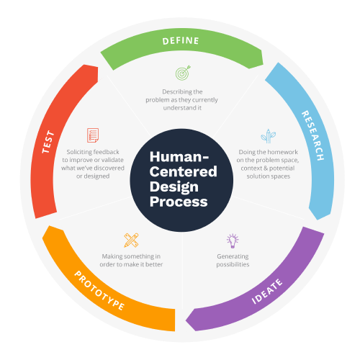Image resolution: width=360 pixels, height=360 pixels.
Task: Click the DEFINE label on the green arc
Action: tap(181, 41)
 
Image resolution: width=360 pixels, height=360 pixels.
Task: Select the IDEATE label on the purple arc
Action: tap(267, 292)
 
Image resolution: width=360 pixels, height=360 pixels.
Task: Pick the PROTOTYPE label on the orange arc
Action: tap(99, 290)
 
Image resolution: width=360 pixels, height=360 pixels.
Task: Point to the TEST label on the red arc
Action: tap(48, 142)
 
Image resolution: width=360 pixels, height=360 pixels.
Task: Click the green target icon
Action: tap(183, 73)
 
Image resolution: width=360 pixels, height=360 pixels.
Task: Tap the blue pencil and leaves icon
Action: tap(269, 136)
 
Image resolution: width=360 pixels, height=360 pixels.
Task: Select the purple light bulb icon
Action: tap(233, 240)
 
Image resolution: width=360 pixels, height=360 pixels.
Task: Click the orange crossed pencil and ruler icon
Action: tap(131, 240)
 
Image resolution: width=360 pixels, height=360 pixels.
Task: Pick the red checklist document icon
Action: tap(93, 135)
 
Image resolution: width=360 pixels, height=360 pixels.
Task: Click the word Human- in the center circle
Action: tap(179, 157)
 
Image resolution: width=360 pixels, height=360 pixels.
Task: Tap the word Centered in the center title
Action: tap(184, 171)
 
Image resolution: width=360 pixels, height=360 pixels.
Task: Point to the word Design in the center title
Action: tap(174, 187)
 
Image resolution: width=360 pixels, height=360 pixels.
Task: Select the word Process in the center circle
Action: tap(179, 202)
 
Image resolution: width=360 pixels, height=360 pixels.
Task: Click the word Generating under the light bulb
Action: tap(233, 256)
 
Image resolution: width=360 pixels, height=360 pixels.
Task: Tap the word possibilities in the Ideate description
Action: tap(233, 264)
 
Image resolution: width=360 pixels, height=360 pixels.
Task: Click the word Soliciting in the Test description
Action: tap(79, 152)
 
